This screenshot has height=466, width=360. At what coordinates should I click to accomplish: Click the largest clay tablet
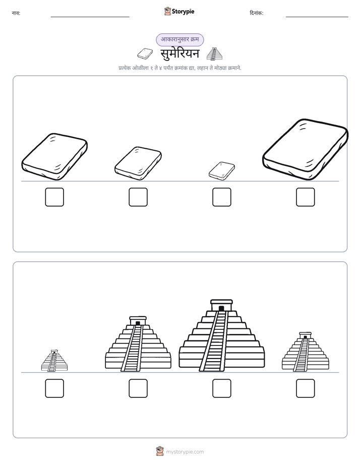coord(306,149)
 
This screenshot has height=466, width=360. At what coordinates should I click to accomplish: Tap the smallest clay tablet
coord(221,171)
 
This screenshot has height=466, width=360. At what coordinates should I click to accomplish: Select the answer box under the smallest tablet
coord(221,197)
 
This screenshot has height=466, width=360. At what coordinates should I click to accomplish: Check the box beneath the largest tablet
coord(306,197)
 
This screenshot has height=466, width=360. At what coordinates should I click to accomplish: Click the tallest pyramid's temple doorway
coord(221,309)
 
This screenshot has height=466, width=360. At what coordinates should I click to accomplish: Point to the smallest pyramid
coord(54,361)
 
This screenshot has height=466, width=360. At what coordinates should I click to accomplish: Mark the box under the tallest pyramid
coord(221,388)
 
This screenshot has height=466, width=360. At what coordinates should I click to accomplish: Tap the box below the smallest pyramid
coord(54,388)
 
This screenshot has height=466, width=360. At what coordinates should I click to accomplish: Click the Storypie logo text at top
coord(183,12)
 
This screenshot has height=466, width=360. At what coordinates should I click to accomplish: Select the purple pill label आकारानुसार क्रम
coord(180,39)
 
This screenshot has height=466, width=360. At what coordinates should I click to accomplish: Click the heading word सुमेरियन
coord(180,54)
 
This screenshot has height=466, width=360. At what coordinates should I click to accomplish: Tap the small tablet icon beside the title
coord(145,53)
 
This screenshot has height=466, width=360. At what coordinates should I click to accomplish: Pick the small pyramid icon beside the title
coord(214,54)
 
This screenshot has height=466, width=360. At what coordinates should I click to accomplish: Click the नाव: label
coord(16,13)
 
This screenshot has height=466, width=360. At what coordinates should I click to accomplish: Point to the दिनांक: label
coord(257,13)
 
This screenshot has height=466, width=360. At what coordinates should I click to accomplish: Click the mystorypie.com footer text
coord(185,452)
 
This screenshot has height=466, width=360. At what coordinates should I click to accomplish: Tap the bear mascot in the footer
coord(160,451)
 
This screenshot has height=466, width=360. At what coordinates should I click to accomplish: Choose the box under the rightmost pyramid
coord(306,388)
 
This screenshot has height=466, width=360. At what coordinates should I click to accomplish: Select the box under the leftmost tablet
coord(54,197)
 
